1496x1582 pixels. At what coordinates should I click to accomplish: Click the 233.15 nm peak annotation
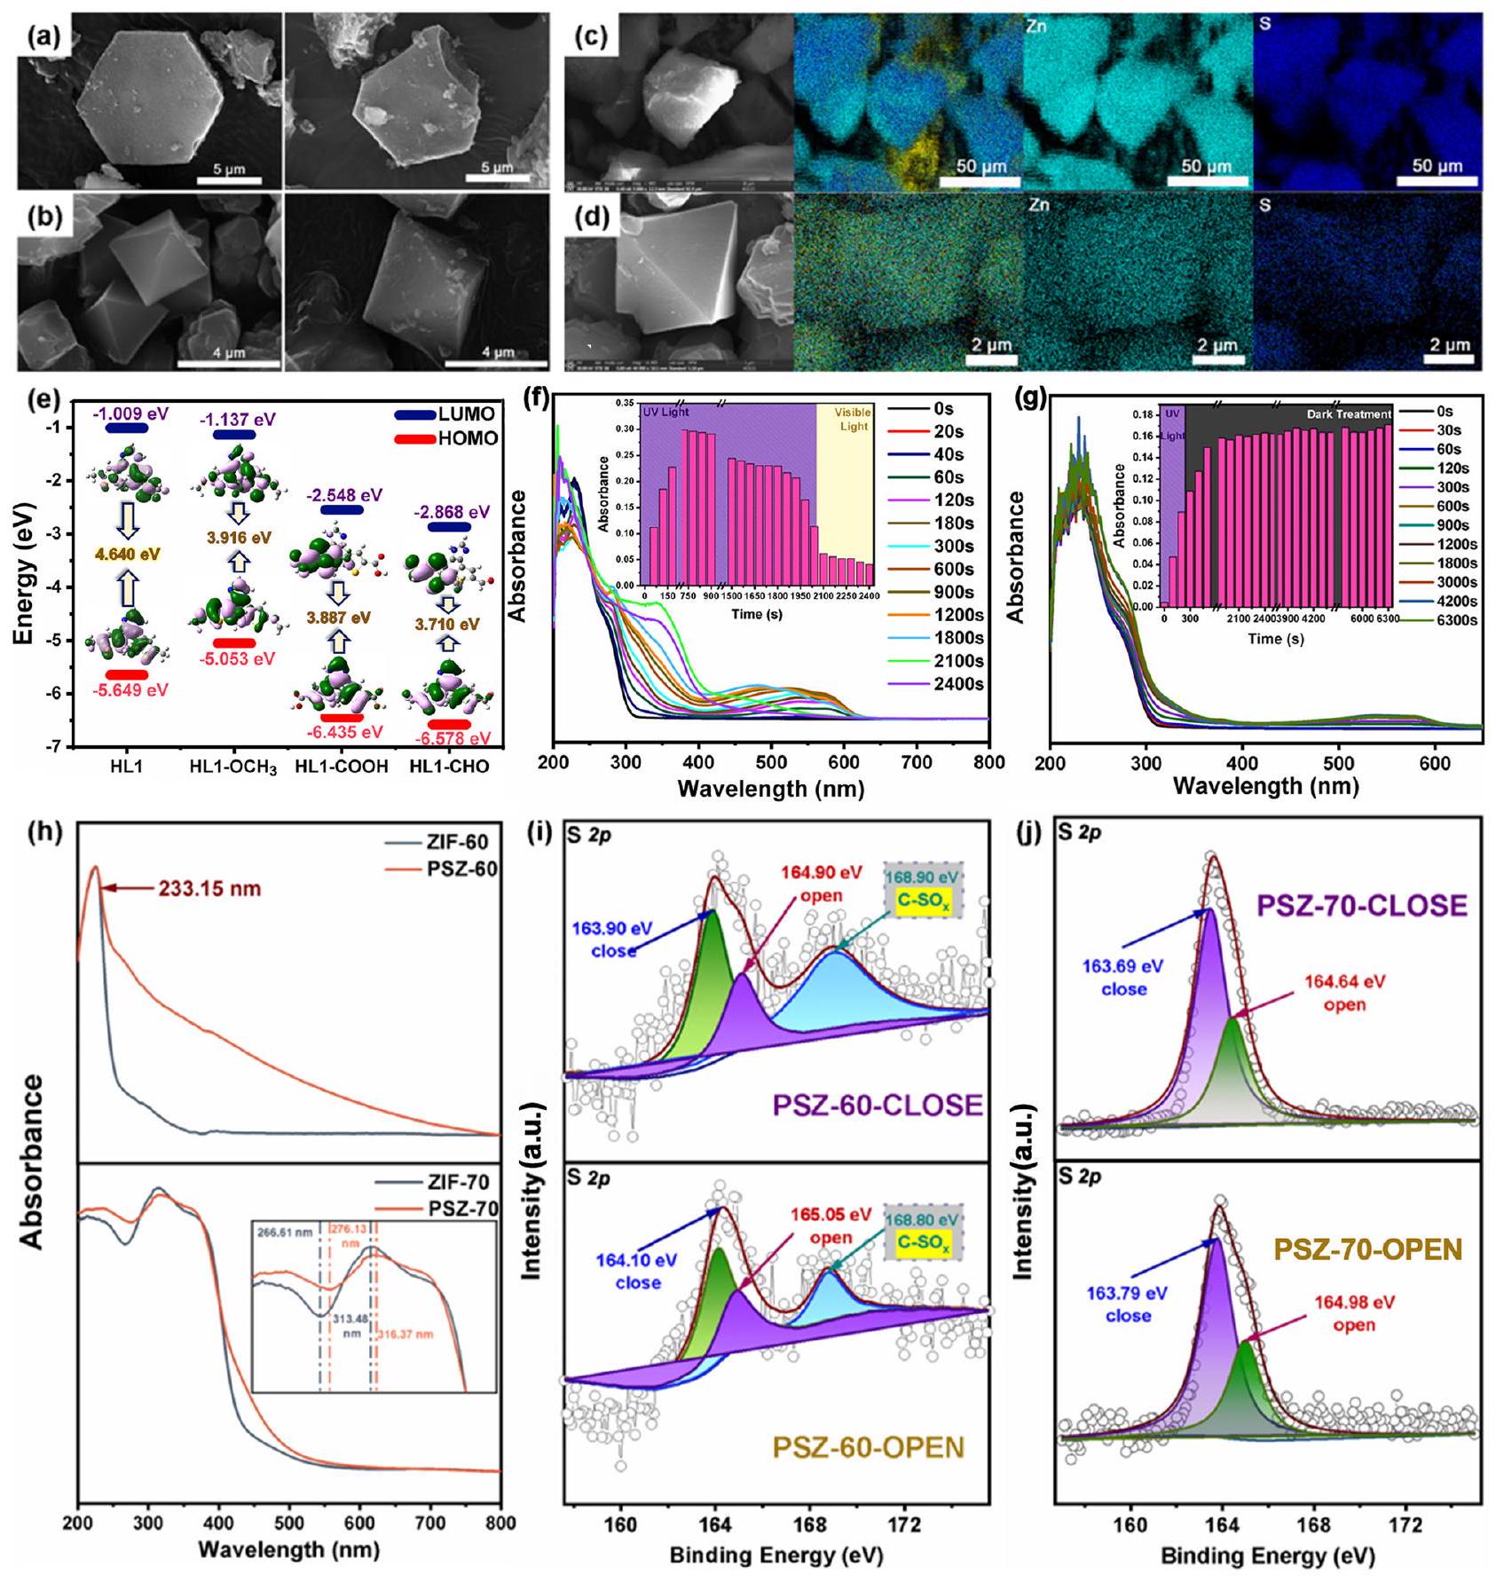(209, 887)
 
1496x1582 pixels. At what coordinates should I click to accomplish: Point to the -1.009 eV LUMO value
(130, 414)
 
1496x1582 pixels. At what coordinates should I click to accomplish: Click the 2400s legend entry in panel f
(958, 684)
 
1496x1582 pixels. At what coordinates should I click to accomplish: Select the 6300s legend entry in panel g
(1456, 620)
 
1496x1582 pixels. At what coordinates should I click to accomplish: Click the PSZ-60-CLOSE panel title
(878, 1105)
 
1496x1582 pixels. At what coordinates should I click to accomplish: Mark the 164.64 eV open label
(1344, 993)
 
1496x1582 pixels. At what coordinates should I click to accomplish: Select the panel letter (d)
(592, 217)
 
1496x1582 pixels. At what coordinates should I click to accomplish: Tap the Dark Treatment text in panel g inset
(1349, 414)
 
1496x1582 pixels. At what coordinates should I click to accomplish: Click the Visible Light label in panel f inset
(852, 419)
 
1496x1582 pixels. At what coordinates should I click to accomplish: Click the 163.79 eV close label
(1128, 1304)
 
